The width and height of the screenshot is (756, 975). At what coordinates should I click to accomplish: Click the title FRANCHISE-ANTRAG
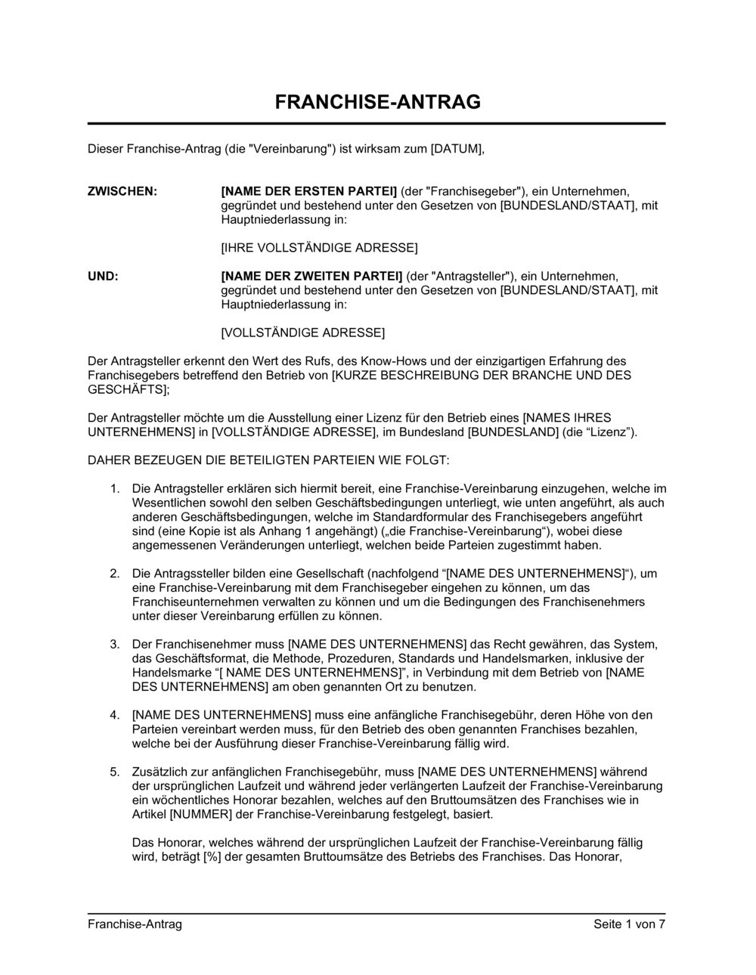pyautogui.click(x=377, y=102)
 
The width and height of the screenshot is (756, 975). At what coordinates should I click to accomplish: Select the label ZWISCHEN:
pyautogui.click(x=122, y=191)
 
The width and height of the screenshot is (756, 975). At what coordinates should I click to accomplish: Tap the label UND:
pyautogui.click(x=103, y=277)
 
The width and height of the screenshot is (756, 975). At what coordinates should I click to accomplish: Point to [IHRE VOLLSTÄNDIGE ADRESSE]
pyautogui.click(x=318, y=248)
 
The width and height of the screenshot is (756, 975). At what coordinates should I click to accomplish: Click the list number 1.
pyautogui.click(x=115, y=489)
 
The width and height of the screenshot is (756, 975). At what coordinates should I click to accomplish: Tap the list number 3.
pyautogui.click(x=115, y=644)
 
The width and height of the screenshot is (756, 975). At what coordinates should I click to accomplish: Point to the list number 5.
pyautogui.click(x=115, y=772)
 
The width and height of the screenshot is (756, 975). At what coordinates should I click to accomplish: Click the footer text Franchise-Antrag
pyautogui.click(x=135, y=924)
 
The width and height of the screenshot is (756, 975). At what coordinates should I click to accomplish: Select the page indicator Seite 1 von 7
pyautogui.click(x=629, y=924)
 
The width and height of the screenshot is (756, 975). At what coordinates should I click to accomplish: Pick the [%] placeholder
pyautogui.click(x=211, y=857)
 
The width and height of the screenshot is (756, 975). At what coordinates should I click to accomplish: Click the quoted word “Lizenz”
pyautogui.click(x=609, y=432)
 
